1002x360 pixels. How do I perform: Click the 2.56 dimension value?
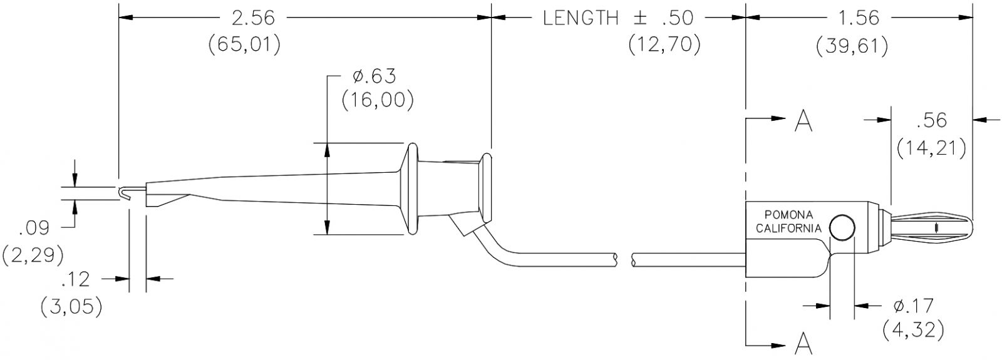253,18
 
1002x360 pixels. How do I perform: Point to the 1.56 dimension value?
857,18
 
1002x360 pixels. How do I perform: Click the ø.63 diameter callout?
374,76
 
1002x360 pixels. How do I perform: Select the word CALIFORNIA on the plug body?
788,229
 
